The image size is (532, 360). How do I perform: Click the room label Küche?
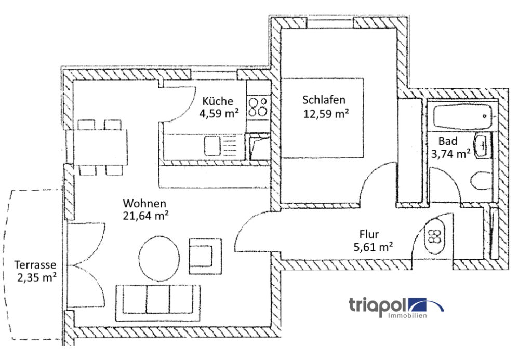(x=218, y=101)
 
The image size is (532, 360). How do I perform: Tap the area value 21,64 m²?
(x=145, y=216)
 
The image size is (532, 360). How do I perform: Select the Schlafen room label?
(x=324, y=100)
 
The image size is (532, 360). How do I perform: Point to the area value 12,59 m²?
(x=326, y=113)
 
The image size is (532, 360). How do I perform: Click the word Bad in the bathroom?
(x=447, y=141)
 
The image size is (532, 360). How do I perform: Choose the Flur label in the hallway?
(x=369, y=234)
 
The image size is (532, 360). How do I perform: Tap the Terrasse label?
(x=35, y=264)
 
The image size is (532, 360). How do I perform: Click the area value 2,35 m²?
(x=37, y=277)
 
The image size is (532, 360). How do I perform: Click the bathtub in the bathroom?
(x=462, y=116)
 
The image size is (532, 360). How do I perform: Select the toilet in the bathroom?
(x=481, y=180)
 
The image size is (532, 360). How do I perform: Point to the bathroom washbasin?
(x=481, y=146)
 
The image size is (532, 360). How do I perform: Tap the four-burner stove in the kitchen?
(x=258, y=107)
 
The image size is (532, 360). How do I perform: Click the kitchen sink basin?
(x=212, y=146)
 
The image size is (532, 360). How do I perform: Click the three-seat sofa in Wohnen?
(x=158, y=303)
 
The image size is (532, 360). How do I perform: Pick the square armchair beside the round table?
(x=205, y=256)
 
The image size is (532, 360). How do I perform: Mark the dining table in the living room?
(x=101, y=147)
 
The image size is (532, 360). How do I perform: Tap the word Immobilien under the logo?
(x=407, y=315)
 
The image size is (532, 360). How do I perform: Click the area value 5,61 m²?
(x=373, y=247)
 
